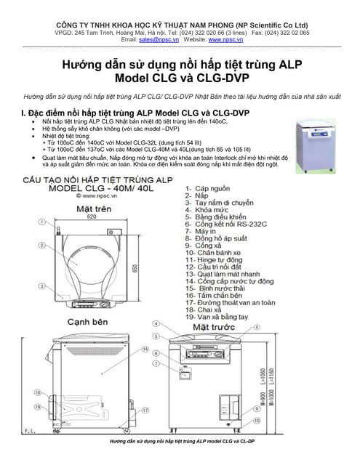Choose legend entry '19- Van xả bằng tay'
tap(218, 315)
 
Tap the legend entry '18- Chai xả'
tap(204, 308)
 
